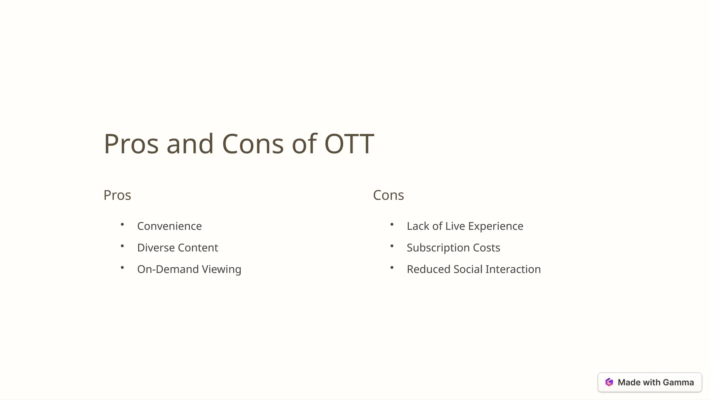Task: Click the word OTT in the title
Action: (349, 144)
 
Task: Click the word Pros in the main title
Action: (131, 144)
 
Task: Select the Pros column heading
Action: (117, 195)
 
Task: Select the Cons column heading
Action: (388, 195)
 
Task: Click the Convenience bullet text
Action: (169, 226)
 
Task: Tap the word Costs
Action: (486, 248)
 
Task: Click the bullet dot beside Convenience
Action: (122, 225)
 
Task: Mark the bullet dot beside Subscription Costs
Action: (392, 246)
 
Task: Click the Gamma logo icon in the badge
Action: (609, 382)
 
